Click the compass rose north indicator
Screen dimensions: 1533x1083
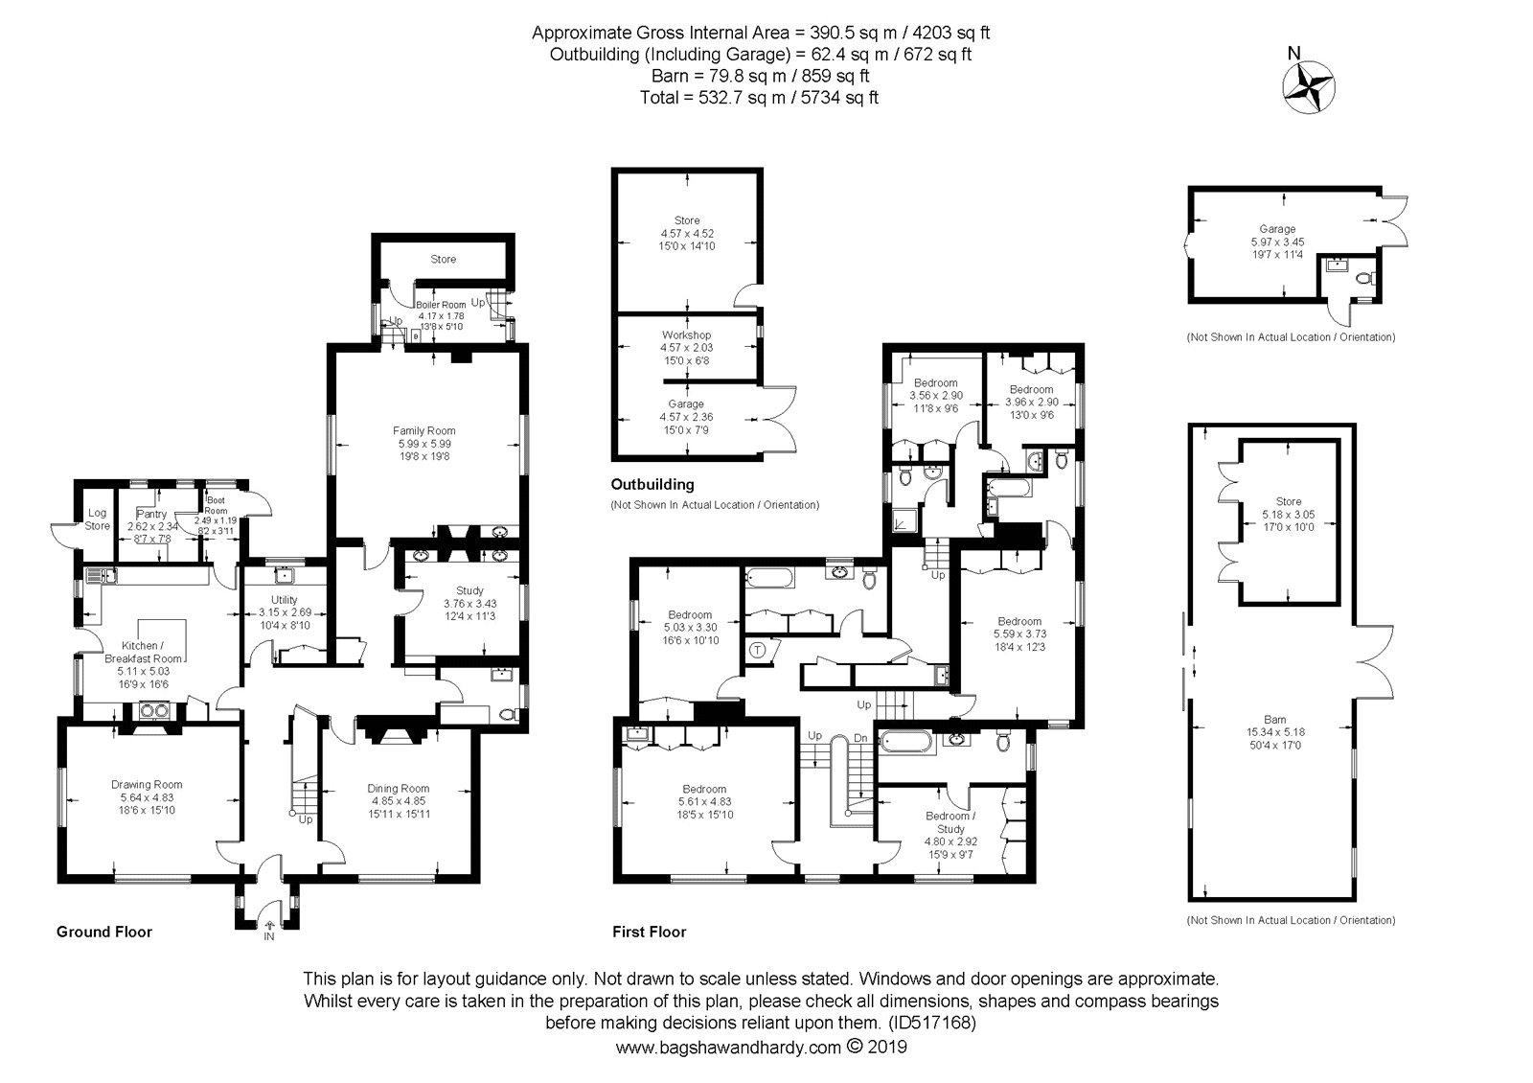click(x=1308, y=87)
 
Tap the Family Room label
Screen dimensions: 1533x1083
click(x=423, y=430)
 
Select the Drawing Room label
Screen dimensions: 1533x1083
click(x=147, y=785)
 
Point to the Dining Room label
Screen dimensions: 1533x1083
click(x=398, y=789)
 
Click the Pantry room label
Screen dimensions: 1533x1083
click(x=151, y=514)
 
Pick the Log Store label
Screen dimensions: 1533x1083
click(x=97, y=519)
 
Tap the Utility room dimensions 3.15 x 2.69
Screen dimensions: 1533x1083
click(x=286, y=612)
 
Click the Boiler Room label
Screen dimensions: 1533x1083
click(x=441, y=306)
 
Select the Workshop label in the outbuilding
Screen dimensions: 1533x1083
click(x=686, y=334)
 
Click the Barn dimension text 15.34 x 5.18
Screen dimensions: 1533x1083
click(x=1275, y=732)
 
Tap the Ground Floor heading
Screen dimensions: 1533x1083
click(x=104, y=932)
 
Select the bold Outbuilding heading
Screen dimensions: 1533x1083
click(x=652, y=485)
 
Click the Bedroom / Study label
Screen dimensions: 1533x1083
click(x=950, y=822)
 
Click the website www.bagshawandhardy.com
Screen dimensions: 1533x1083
click(x=728, y=1048)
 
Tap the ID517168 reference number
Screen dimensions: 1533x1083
click(x=931, y=1023)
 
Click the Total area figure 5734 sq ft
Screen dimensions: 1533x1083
click(x=839, y=98)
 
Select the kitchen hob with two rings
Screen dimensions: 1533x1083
click(x=154, y=711)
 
